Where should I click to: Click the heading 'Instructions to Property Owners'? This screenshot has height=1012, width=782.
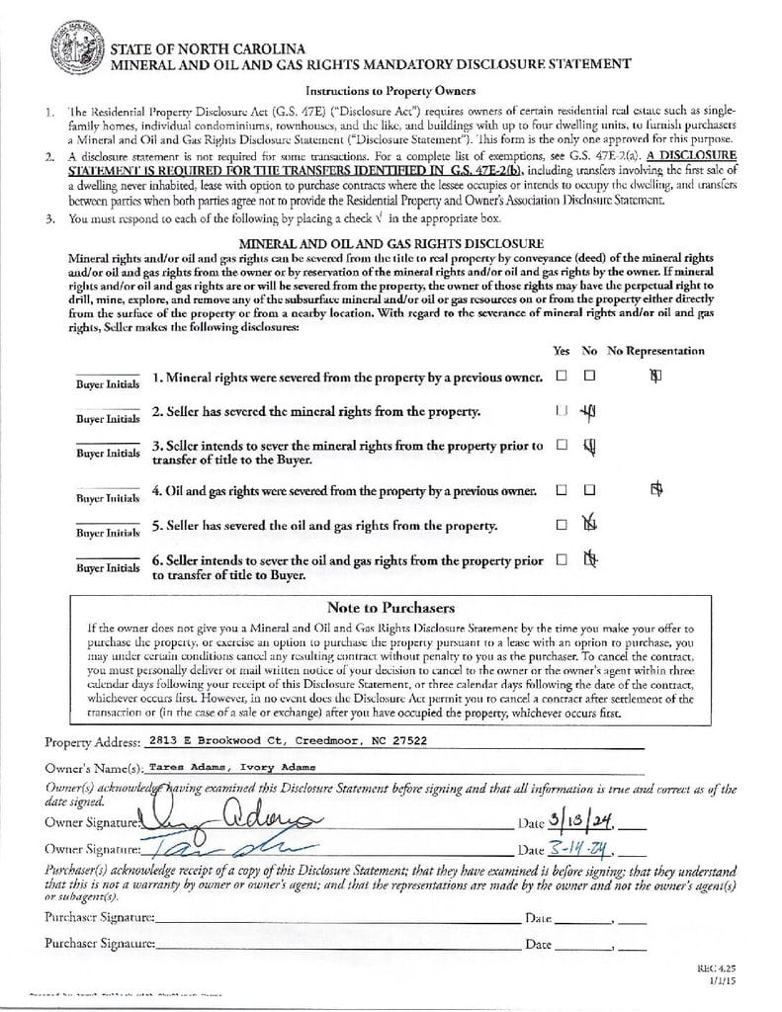pyautogui.click(x=390, y=89)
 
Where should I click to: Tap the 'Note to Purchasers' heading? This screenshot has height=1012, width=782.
pyautogui.click(x=390, y=608)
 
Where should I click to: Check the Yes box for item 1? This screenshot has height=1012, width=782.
pyautogui.click(x=562, y=377)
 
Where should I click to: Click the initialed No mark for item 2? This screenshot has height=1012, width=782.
pyautogui.click(x=590, y=411)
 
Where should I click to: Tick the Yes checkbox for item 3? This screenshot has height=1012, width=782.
pyautogui.click(x=562, y=446)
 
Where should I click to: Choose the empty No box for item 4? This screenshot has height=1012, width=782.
pyautogui.click(x=590, y=489)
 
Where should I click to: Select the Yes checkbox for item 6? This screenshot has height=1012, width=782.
pyautogui.click(x=562, y=559)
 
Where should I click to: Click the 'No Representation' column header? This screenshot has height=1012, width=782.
pyautogui.click(x=655, y=351)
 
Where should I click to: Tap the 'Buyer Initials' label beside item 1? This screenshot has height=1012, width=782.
pyautogui.click(x=109, y=384)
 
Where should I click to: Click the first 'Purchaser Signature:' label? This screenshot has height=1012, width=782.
pyautogui.click(x=99, y=918)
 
